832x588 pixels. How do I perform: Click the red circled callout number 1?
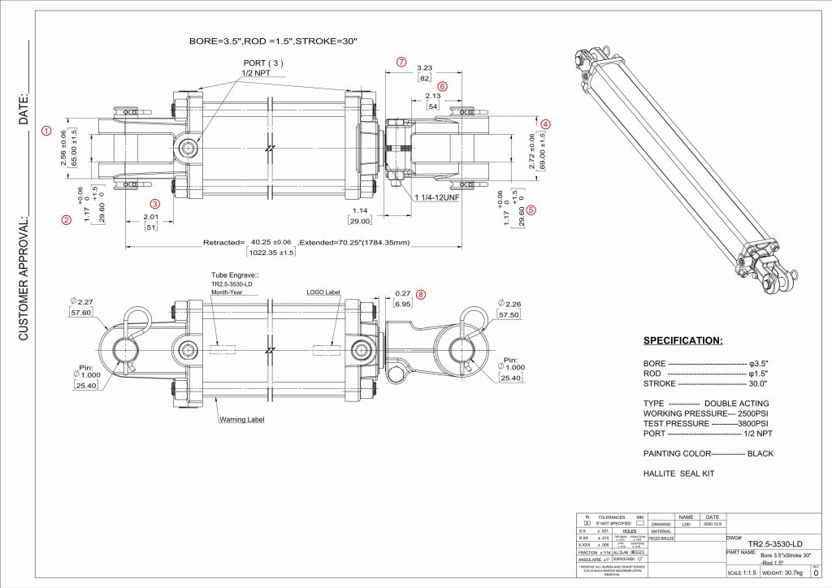46,130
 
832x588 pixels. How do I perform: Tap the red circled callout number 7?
401,62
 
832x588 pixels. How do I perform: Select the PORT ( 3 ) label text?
264,63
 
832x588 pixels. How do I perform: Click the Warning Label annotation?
242,420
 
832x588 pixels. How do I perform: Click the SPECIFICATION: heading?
682,340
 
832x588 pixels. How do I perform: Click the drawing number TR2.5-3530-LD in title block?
775,543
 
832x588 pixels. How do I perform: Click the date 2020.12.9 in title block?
711,525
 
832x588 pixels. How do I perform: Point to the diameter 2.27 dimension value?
80,302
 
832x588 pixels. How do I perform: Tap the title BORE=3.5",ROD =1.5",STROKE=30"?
273,40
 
